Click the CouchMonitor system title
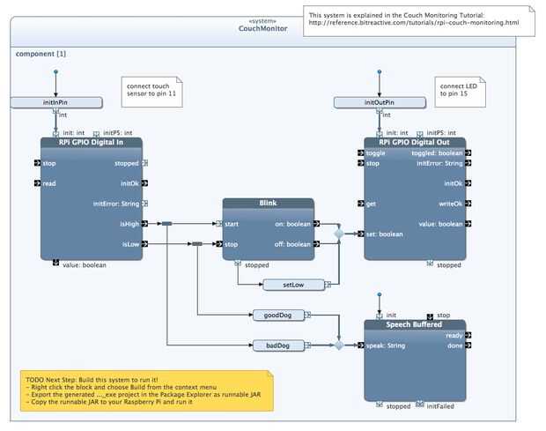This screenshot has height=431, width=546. [x=262, y=28]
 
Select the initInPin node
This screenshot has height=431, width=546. [x=55, y=103]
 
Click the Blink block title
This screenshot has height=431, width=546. [x=268, y=203]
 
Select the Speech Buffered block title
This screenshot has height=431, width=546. [x=415, y=323]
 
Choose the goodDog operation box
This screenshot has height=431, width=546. [x=277, y=315]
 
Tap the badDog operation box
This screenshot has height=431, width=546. [x=277, y=346]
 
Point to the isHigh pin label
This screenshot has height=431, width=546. [x=129, y=224]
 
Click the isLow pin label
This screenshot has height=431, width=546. [x=130, y=244]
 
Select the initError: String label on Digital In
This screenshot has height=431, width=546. [x=116, y=204]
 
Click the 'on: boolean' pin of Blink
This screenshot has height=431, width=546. [x=292, y=224]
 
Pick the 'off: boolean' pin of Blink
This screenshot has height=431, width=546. [x=291, y=244]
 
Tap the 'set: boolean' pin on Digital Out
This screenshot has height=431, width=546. [x=385, y=234]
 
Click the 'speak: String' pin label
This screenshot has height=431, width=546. [x=386, y=345]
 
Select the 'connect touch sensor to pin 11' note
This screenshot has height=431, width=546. [x=151, y=93]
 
